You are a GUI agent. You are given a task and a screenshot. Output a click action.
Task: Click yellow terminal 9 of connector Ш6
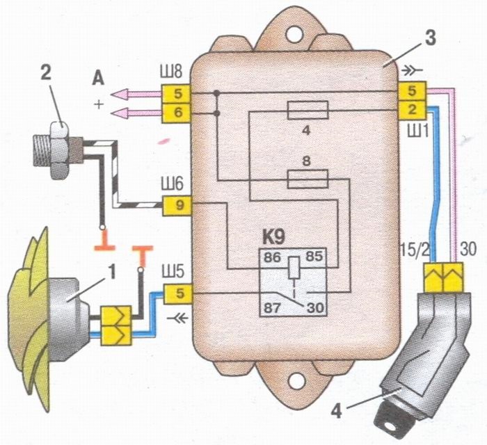(177, 206)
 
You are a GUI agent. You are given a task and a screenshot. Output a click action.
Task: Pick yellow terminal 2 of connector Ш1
(412, 110)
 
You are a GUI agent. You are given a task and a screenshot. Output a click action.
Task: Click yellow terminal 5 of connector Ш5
(179, 293)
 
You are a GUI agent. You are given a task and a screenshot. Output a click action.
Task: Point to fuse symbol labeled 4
(308, 110)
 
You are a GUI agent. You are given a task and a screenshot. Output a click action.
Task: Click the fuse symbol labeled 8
(308, 179)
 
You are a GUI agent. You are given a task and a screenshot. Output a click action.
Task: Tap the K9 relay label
(273, 238)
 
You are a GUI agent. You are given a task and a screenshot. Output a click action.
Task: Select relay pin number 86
(273, 257)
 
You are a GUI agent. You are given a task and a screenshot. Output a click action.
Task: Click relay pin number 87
(273, 309)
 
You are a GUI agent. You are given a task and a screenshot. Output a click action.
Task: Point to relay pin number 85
(314, 257)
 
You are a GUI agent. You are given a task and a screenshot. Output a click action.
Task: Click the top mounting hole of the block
(294, 34)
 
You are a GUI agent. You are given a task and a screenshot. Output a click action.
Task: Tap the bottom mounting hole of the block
(297, 380)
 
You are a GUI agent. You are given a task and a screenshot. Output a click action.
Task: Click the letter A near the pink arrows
(98, 80)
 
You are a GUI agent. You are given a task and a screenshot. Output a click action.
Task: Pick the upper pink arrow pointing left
(136, 94)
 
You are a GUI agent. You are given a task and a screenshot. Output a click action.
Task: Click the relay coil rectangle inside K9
(294, 268)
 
